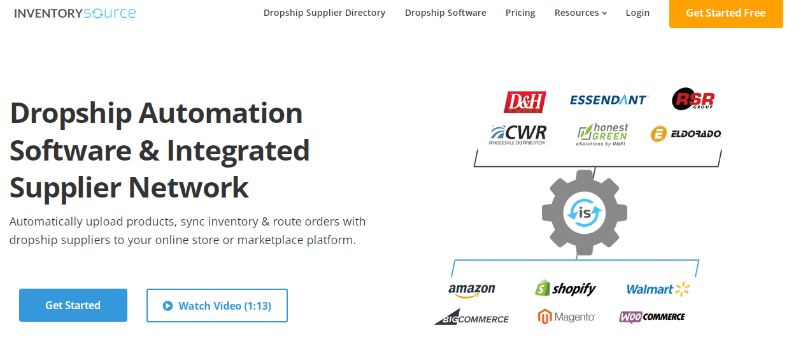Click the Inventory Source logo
coord(75,13)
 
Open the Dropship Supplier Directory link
coord(324,13)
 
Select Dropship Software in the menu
coord(445,13)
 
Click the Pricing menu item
coord(520,13)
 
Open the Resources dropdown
coord(580,13)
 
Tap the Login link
coord(637,13)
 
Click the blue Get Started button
coord(73,305)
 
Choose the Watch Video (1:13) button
coord(217,306)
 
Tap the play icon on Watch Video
coord(168,306)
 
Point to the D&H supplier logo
coord(525,101)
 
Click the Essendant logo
coord(609,100)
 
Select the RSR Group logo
coord(693,100)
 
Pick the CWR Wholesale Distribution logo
coord(518,134)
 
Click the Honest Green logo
coord(602,134)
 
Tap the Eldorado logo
coord(685,134)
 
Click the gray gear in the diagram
coord(584,212)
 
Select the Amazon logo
coord(471,290)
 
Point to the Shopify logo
coord(565,289)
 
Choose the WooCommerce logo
coord(652,317)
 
